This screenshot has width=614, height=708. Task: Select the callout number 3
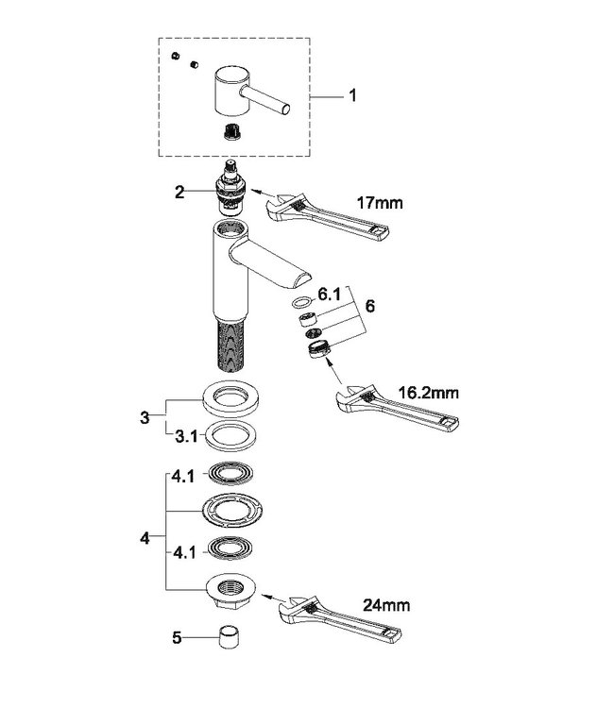click(145, 415)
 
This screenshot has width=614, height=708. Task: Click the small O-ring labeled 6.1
click(301, 304)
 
